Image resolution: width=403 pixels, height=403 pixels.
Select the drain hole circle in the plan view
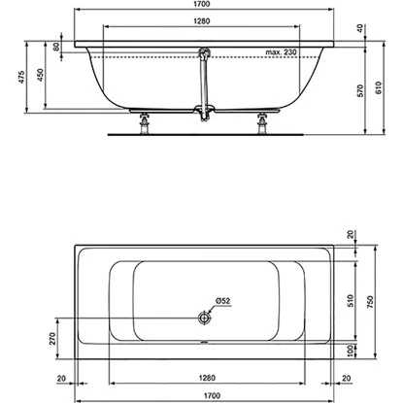click(203, 318)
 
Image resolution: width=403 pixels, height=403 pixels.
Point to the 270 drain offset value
click(39, 339)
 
